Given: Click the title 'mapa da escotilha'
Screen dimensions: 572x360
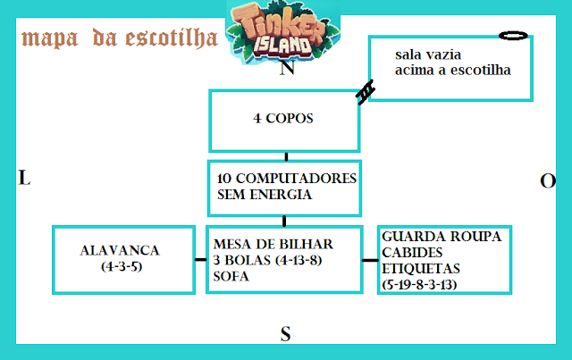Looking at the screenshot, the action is coord(120,38).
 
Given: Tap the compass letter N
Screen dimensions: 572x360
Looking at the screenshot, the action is coord(288,70).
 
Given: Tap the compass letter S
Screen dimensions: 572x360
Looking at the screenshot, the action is coord(286,335).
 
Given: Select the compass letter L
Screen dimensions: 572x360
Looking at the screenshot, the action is coord(24,179).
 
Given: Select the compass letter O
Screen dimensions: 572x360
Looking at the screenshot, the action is coord(548,181).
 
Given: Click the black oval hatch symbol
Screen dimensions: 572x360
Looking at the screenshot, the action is coord(513,36).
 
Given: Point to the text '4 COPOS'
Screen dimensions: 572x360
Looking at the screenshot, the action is coord(283,117).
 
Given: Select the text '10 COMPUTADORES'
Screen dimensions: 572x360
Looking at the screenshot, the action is coord(287,179).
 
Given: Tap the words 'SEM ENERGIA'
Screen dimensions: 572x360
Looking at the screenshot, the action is coord(264,194).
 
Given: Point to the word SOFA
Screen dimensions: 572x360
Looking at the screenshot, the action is coord(231,276).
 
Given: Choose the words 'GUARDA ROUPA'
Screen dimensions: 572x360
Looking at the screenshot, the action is coord(441,237).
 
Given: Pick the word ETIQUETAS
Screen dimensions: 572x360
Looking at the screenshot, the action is coord(419,268).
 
